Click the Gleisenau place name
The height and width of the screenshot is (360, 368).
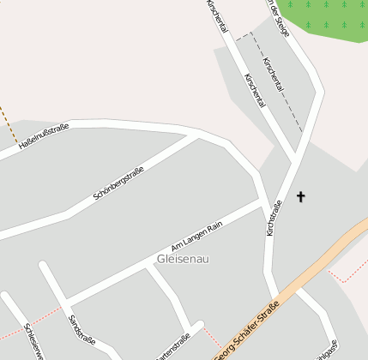coord(183,258)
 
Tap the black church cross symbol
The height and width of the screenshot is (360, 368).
coord(301,197)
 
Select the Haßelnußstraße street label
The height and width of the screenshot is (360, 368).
coord(44,140)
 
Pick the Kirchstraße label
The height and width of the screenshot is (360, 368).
coord(274,218)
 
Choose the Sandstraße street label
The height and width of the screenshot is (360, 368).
coord(81,331)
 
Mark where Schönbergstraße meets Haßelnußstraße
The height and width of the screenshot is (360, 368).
coord(201,135)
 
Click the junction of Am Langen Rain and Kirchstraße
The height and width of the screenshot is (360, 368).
coord(262,203)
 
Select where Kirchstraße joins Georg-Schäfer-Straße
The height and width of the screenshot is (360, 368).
coord(275,298)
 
